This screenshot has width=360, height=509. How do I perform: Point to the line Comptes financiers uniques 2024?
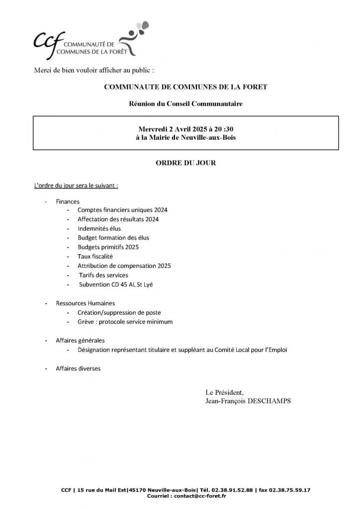coord(122,210)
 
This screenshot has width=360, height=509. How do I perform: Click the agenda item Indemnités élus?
coord(99,228)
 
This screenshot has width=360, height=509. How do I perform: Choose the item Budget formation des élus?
coord(113,238)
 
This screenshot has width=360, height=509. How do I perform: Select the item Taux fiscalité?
coord(95,256)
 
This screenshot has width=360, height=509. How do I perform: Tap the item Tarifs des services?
coord(103,275)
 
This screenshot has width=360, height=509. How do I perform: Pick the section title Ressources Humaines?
coord(85,303)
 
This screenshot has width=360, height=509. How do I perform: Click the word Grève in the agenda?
coord(86,322)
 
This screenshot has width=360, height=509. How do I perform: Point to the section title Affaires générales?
coord(80,340)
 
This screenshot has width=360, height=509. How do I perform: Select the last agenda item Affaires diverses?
coord(78,368)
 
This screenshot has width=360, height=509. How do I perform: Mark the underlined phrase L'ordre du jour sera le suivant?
coord(76,186)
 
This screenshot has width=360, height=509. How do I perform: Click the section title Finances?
coord(68,201)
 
